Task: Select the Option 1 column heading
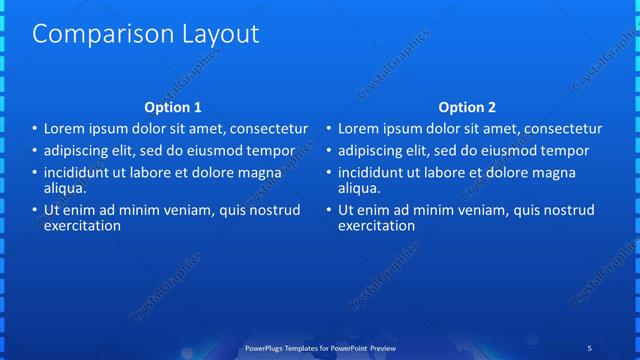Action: pyautogui.click(x=173, y=107)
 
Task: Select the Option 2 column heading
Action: pyautogui.click(x=467, y=107)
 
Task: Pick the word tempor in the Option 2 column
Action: pyautogui.click(x=566, y=151)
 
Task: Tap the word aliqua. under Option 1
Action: pyautogui.click(x=65, y=187)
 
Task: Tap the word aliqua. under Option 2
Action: pyautogui.click(x=359, y=187)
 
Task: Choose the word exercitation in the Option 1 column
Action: pyautogui.click(x=82, y=226)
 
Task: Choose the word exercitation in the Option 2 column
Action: pyautogui.click(x=376, y=226)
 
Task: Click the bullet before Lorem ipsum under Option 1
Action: pyautogui.click(x=34, y=130)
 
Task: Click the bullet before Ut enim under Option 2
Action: pyautogui.click(x=328, y=211)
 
